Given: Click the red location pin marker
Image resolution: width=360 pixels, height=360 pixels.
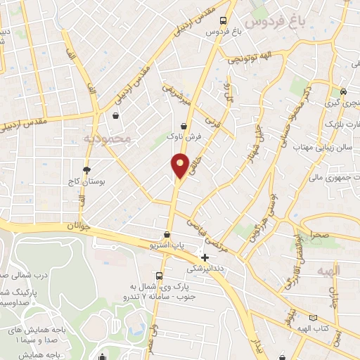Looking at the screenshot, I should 180,165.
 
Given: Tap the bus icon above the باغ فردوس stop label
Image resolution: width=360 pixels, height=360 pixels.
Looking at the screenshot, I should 224,20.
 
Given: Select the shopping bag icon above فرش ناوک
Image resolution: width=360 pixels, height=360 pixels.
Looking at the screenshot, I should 184,125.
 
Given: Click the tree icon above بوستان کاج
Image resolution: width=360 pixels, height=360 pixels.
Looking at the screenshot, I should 86,170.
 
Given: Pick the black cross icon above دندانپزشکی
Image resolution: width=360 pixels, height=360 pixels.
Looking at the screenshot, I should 205,258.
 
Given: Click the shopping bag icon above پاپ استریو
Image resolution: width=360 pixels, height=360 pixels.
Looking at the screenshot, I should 167,235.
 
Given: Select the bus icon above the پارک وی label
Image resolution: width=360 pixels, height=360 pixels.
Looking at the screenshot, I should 160,276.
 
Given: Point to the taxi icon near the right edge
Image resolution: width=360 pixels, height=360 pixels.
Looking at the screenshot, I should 342,91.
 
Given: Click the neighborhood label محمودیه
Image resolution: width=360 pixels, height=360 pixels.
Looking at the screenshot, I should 107,139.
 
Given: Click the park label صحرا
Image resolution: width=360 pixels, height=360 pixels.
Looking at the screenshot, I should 310,237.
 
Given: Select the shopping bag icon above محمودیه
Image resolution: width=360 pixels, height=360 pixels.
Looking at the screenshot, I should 115,117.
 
